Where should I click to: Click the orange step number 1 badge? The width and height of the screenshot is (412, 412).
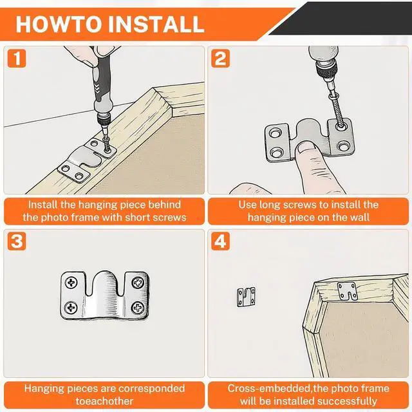[x=17, y=58]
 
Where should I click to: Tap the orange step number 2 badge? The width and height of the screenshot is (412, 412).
[x=220, y=58]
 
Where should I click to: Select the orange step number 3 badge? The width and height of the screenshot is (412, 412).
[x=17, y=241]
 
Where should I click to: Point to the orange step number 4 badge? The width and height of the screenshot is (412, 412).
[x=220, y=241]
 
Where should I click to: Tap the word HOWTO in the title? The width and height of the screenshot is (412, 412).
[x=59, y=24]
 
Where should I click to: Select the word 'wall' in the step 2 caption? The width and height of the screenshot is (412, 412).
[x=360, y=218]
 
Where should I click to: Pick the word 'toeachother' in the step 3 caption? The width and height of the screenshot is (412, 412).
[x=104, y=401]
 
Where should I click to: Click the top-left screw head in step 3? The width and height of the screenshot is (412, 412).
[x=71, y=283]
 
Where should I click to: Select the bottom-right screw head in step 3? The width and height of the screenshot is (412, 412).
[x=138, y=308]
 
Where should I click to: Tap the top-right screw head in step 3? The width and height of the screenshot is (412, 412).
[x=138, y=283]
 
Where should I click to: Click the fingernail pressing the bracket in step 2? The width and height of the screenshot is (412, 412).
[x=305, y=148]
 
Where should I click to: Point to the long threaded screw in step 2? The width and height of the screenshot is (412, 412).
[x=337, y=111]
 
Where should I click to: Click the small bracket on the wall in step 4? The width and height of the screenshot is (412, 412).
[x=246, y=297]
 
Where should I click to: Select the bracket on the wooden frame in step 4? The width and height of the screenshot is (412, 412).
[x=347, y=291]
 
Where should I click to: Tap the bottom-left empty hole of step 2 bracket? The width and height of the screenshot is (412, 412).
[x=277, y=152]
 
